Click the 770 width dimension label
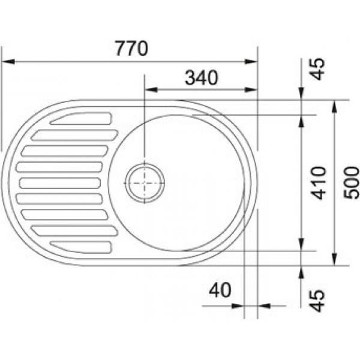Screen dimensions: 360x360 pyautogui.click(x=131, y=49)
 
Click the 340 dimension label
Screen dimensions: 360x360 pyautogui.click(x=202, y=77)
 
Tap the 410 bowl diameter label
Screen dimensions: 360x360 pyautogui.click(x=318, y=183)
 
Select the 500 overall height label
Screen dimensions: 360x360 pyautogui.click(x=351, y=183)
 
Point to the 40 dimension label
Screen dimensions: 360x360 pyautogui.click(x=220, y=290)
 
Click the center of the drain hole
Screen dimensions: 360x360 pyautogui.click(x=145, y=183)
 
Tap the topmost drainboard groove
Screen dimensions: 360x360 pyautogui.click(x=81, y=118)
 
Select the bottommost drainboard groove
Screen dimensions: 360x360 pyautogui.click(x=81, y=247)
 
